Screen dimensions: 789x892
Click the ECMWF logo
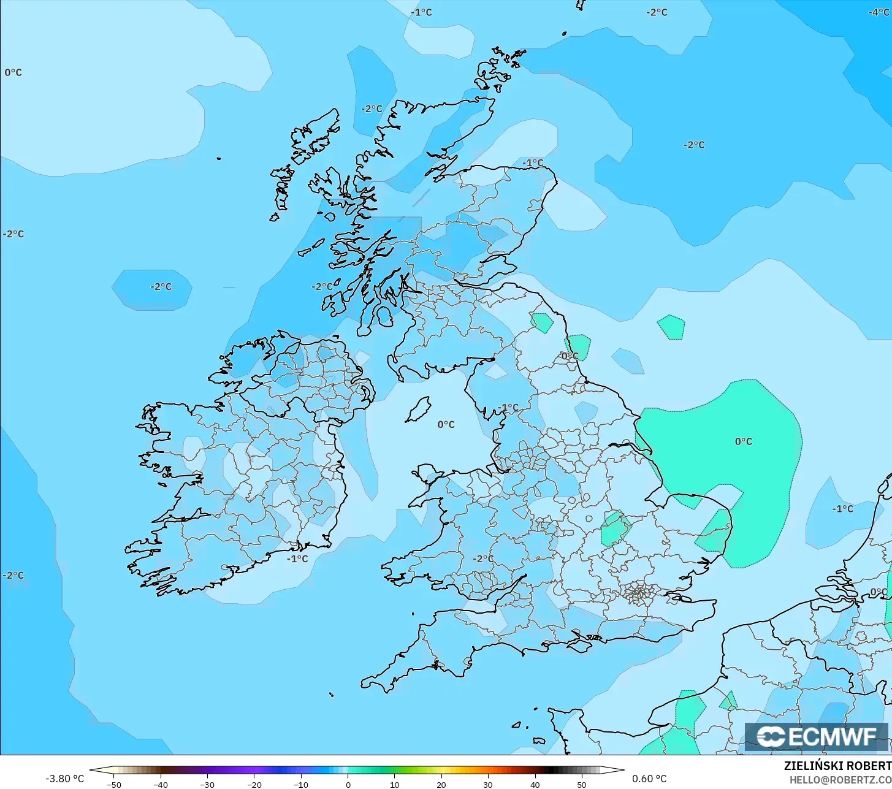coord(816,736)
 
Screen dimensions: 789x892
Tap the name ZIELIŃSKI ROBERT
coord(837,766)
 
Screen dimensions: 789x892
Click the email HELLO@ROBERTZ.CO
coord(840,779)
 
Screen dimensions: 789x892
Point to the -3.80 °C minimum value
coord(64,779)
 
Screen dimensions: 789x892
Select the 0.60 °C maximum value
coord(649,779)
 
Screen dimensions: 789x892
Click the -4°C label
coord(879,12)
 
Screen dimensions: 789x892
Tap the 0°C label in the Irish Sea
coord(446,424)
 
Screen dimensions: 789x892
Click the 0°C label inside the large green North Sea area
coord(743,441)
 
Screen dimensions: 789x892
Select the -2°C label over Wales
coord(483,558)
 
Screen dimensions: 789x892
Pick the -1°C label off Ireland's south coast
coord(297,558)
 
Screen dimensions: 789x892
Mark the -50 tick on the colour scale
coord(114,784)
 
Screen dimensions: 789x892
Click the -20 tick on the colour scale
coord(254,784)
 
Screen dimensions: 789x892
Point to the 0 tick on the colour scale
coord(348,784)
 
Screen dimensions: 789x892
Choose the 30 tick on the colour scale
coord(488,784)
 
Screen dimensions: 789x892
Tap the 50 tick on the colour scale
coord(581,784)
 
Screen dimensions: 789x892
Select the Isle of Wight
coord(584,643)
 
